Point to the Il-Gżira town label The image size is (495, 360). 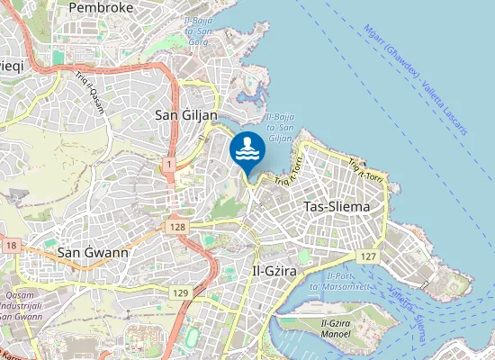(x=280, y=270)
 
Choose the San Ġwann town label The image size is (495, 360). (x=93, y=253)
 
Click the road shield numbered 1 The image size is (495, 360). (x=169, y=165)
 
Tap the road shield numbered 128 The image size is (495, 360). (x=176, y=227)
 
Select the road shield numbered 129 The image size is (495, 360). (x=181, y=293)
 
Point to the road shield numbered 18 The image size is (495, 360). (x=11, y=246)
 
